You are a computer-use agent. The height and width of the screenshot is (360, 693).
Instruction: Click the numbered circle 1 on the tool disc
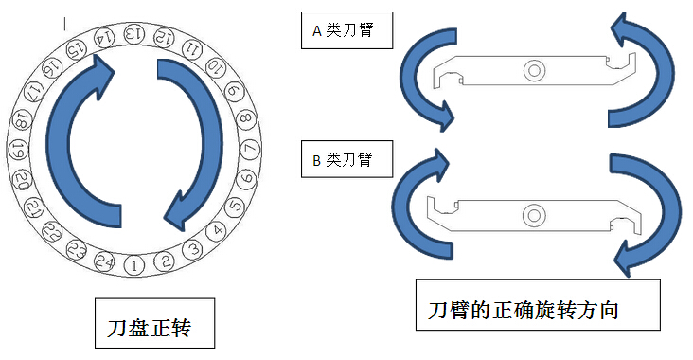134,265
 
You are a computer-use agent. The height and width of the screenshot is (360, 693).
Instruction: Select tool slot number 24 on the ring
107,262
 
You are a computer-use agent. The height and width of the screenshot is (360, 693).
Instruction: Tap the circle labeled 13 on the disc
134,34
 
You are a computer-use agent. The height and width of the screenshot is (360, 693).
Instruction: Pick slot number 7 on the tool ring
251,150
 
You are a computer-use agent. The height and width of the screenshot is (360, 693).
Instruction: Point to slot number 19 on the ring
17,150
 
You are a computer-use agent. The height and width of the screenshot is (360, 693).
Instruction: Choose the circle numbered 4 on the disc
219,229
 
